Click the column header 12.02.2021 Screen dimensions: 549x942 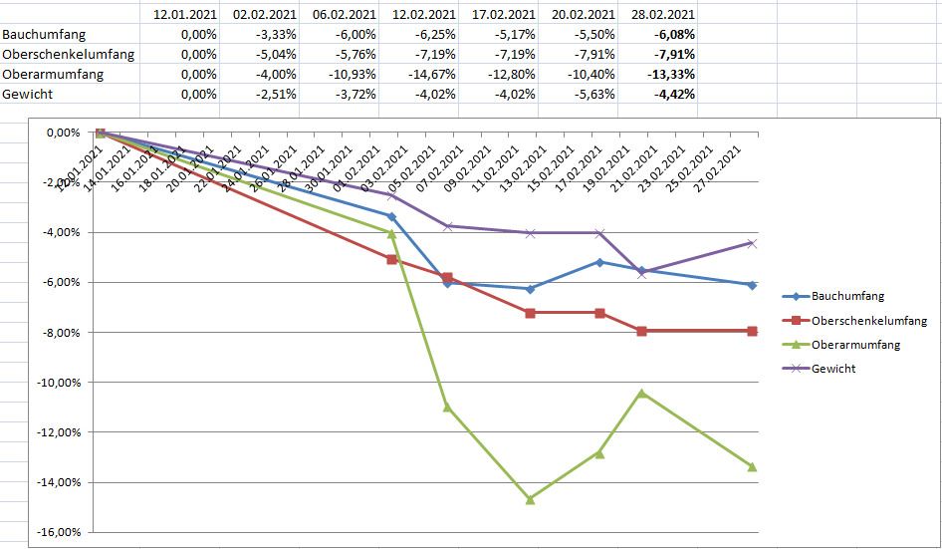click(423, 15)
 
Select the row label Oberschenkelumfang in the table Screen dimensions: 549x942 click(69, 54)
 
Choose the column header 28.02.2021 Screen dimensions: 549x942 click(662, 15)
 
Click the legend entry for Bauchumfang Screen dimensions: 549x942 click(846, 296)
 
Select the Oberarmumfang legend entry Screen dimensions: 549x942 click(855, 345)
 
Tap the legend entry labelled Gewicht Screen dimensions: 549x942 click(833, 369)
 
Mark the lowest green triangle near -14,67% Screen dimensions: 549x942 click(530, 499)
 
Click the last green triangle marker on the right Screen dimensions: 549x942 click(752, 466)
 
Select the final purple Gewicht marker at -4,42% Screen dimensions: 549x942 click(752, 243)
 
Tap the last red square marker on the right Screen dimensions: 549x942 click(752, 331)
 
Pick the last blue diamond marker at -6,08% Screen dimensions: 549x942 click(752, 285)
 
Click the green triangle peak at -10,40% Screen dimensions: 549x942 click(641, 393)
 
